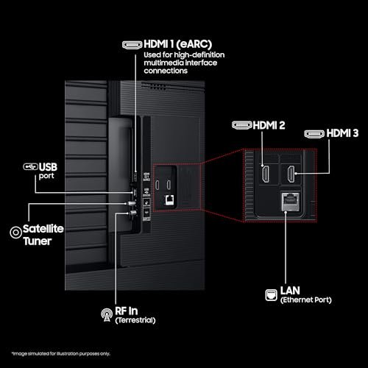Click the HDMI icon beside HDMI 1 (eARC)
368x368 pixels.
tap(132, 45)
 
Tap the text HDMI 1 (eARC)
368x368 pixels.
tap(178, 44)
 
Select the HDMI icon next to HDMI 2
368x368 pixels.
tap(242, 125)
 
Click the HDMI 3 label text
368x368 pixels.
tap(342, 133)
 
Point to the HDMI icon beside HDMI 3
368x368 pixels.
tap(314, 134)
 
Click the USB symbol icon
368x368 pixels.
tap(31, 167)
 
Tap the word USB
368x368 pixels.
tap(48, 167)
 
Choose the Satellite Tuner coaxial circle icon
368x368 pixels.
tap(15, 233)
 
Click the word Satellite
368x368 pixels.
tap(43, 229)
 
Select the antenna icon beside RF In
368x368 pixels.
tap(107, 315)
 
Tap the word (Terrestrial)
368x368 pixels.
tap(135, 320)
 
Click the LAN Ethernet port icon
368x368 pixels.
tap(272, 295)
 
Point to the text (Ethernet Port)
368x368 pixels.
tap(306, 300)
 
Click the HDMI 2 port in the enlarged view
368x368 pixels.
tap(266, 174)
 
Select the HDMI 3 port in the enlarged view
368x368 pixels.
tap(291, 174)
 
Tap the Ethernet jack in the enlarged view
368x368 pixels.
tap(291, 202)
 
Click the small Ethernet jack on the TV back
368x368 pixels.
tap(169, 200)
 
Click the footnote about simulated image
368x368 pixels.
tap(61, 354)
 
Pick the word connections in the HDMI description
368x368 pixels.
tap(166, 71)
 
